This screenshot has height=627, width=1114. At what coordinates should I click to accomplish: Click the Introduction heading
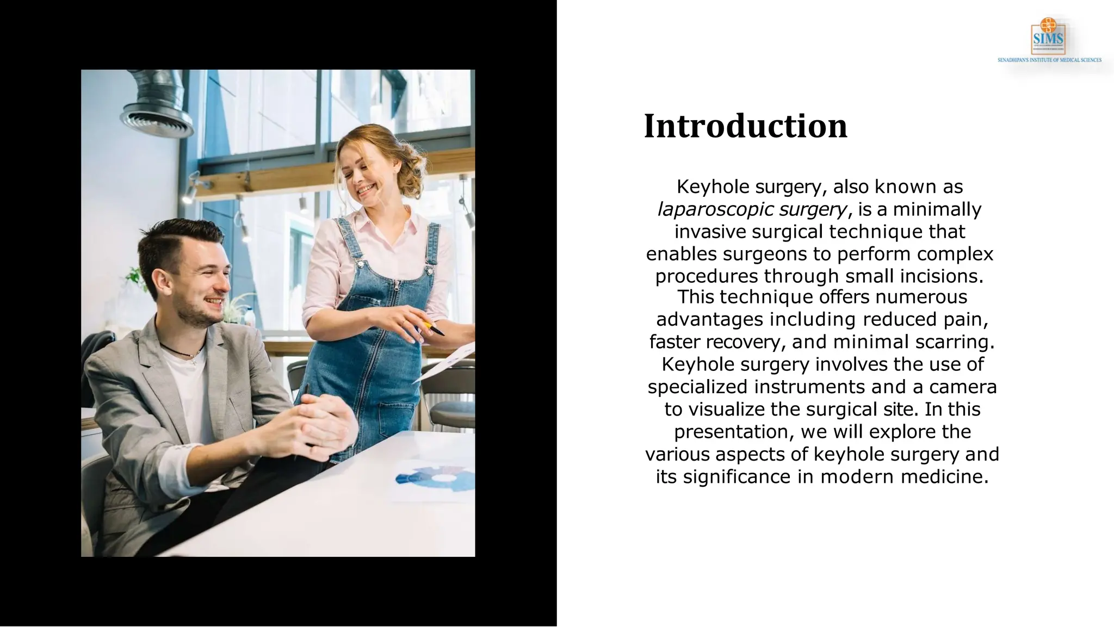[745, 126]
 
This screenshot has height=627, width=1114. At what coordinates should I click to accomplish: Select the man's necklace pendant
[191, 356]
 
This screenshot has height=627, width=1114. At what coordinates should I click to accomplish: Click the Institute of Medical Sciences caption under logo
[1049, 60]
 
